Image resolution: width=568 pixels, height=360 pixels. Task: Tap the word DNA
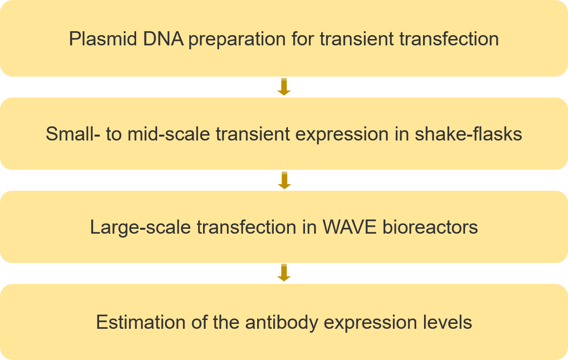[163, 39]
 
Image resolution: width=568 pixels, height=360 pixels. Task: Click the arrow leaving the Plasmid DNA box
[284, 87]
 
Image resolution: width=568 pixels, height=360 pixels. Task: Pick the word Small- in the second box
[73, 134]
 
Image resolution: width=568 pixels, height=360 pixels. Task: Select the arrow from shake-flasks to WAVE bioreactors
[284, 180]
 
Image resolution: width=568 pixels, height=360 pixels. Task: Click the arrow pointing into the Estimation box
[284, 273]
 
